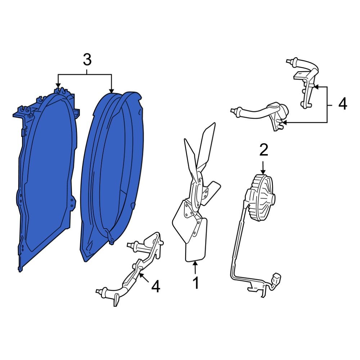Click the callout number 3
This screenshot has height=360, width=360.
(x=87, y=60)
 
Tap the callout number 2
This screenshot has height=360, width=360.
(x=264, y=150)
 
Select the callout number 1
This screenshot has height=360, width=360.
(x=195, y=283)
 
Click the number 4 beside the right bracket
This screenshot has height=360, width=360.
(x=343, y=104)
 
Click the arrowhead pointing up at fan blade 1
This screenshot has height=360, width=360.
(x=195, y=264)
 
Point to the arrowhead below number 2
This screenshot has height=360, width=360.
(x=263, y=171)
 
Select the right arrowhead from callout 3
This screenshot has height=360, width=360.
(x=111, y=91)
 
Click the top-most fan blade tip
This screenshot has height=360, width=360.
(x=215, y=123)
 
